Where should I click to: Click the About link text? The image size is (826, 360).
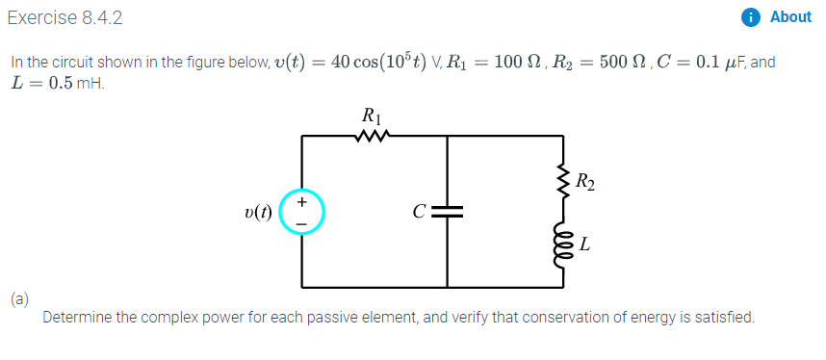790,17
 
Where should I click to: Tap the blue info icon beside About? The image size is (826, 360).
752,17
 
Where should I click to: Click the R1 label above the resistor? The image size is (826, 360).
371,116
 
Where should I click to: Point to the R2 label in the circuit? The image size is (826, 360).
584,179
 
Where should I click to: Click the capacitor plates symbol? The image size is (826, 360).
448,213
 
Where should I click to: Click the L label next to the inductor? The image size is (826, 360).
584,246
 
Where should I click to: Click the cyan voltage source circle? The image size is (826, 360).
302,213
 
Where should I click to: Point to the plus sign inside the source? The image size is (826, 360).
302,202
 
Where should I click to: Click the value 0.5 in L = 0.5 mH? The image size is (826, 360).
59,83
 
